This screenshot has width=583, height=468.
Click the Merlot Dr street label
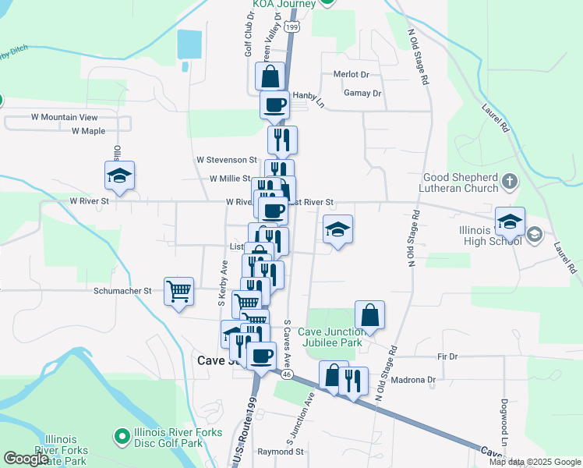[x=350, y=74]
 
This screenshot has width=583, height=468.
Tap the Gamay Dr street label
[x=362, y=93]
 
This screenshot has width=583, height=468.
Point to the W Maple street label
[x=88, y=131]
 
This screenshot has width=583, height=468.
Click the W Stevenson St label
[x=227, y=159]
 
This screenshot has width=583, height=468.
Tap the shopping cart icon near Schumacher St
[x=179, y=291]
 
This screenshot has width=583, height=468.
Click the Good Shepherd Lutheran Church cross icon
[x=510, y=183]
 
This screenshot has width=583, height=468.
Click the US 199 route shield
[x=291, y=27]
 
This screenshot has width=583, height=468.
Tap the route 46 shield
[x=287, y=375]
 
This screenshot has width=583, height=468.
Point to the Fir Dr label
[x=447, y=356]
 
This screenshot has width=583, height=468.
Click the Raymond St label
[x=281, y=452]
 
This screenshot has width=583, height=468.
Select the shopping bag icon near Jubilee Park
[x=370, y=315]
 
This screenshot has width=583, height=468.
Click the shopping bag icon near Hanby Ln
[x=270, y=76]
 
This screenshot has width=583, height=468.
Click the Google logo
[x=26, y=459]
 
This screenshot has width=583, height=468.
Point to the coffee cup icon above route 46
[x=261, y=355]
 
